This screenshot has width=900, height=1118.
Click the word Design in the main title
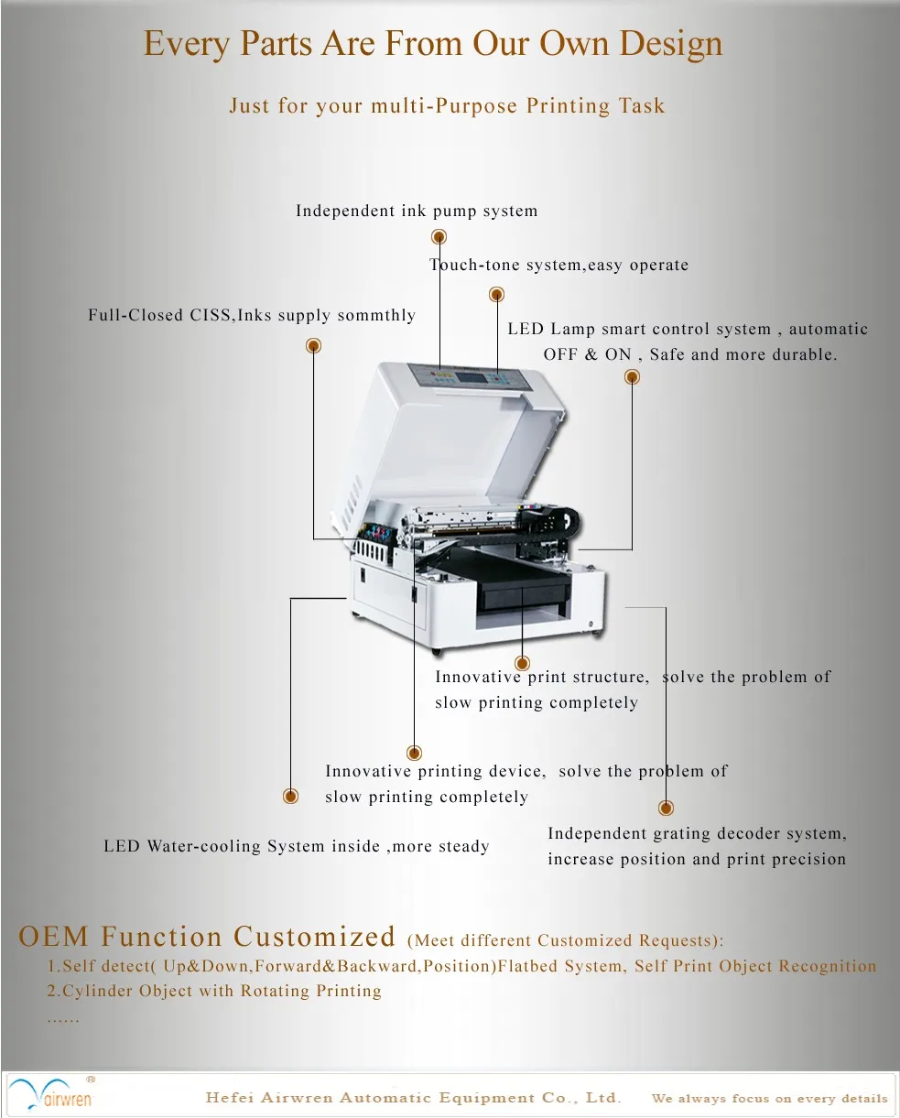click(x=671, y=44)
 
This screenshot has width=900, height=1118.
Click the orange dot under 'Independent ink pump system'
click(x=439, y=237)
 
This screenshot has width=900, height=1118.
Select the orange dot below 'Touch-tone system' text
click(x=497, y=295)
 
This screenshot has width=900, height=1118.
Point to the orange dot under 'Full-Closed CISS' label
click(x=313, y=345)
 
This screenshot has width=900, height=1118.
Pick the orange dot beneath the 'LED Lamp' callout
click(x=632, y=376)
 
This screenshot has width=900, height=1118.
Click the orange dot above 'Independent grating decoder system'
click(x=666, y=808)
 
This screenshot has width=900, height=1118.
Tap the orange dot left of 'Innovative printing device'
click(x=290, y=796)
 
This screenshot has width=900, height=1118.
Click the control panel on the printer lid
click(x=469, y=376)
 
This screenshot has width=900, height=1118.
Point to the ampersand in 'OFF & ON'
click(x=591, y=355)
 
